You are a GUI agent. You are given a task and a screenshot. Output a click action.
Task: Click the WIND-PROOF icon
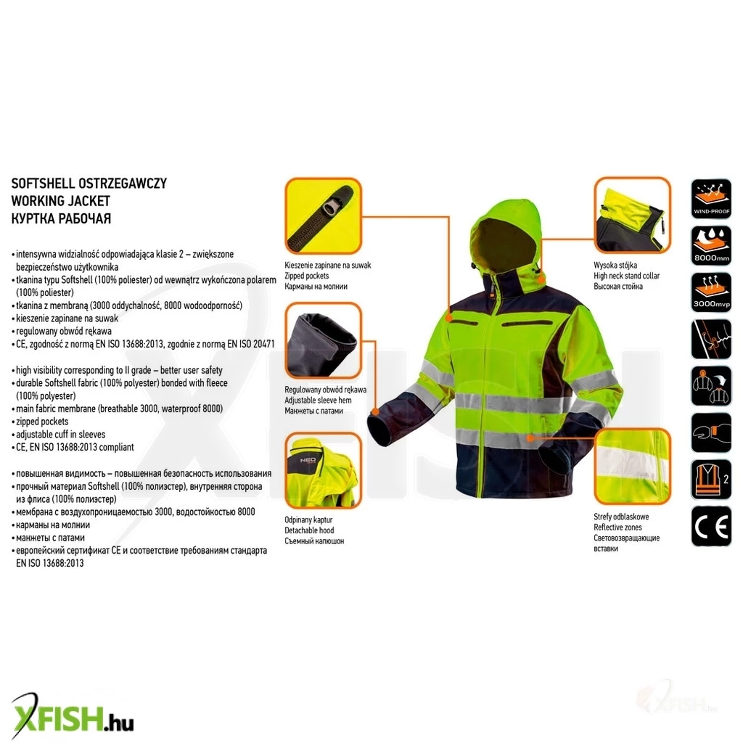pyautogui.click(x=711, y=199)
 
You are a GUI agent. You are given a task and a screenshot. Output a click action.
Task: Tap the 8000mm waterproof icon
pyautogui.click(x=711, y=245)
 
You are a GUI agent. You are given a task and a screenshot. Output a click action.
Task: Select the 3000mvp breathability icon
pyautogui.click(x=711, y=292)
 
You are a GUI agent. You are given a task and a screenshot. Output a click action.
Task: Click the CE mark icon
pyautogui.click(x=711, y=526)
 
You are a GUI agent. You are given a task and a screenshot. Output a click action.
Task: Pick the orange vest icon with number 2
pyautogui.click(x=711, y=479)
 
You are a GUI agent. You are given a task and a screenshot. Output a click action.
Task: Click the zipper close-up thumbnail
pyautogui.click(x=323, y=216)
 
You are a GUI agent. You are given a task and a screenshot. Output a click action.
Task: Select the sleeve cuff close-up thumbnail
pyautogui.click(x=323, y=341)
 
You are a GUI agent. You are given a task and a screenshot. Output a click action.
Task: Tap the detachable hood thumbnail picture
pyautogui.click(x=323, y=470)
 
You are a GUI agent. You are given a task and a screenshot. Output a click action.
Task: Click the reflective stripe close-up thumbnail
pyautogui.click(x=633, y=466)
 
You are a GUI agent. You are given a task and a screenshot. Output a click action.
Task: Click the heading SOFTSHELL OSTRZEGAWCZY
pyautogui.click(x=89, y=184)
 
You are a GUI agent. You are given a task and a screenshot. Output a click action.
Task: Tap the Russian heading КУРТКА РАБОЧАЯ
pyautogui.click(x=61, y=218)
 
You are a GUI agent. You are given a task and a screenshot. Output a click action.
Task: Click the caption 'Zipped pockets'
pyautogui.click(x=307, y=276)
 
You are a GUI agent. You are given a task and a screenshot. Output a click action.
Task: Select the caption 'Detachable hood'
pyautogui.click(x=309, y=530)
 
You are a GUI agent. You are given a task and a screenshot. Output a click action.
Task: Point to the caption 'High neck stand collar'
pyautogui.click(x=626, y=276)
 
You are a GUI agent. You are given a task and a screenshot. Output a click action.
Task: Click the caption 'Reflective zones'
pyautogui.click(x=618, y=527)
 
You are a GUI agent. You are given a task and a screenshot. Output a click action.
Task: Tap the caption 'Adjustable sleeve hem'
pyautogui.click(x=318, y=401)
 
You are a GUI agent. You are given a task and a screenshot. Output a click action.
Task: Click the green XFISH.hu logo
pyautogui.click(x=72, y=717)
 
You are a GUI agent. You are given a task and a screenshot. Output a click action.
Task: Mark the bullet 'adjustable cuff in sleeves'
pyautogui.click(x=61, y=434)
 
